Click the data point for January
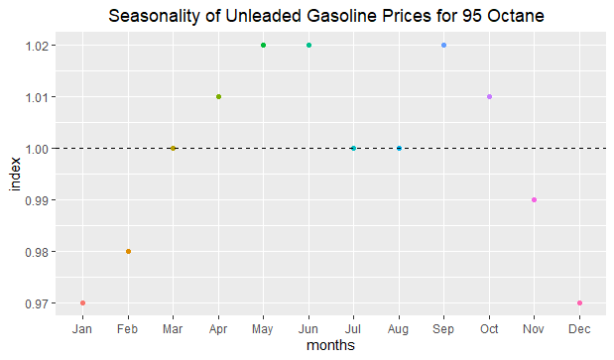(x=82, y=302)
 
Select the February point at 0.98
(x=128, y=251)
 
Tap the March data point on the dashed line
(x=173, y=148)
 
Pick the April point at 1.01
(x=218, y=96)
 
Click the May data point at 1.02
(x=264, y=45)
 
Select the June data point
(x=308, y=45)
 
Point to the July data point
(x=354, y=148)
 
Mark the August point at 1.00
(x=399, y=148)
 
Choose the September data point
(x=444, y=45)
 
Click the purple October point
(x=489, y=96)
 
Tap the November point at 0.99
(x=535, y=199)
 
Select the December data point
(x=579, y=302)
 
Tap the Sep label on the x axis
(x=444, y=328)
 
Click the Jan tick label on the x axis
(x=82, y=328)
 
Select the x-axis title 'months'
(x=331, y=346)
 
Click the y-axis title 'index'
(x=14, y=174)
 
